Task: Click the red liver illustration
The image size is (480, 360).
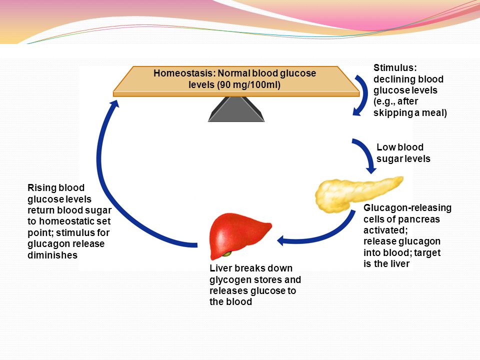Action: click(x=239, y=235)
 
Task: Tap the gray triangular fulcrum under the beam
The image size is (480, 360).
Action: click(x=236, y=109)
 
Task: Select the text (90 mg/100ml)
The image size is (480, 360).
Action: click(x=248, y=85)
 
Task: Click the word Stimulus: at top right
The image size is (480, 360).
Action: click(x=395, y=67)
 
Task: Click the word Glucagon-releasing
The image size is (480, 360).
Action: click(x=407, y=208)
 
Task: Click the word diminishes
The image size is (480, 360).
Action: click(x=52, y=255)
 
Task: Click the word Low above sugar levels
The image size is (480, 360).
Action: click(x=386, y=147)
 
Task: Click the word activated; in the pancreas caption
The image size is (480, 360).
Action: click(x=385, y=230)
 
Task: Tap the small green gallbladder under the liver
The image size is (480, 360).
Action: click(x=227, y=254)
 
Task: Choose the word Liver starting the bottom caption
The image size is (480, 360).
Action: click(x=219, y=268)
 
